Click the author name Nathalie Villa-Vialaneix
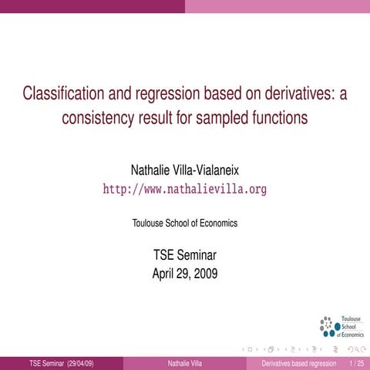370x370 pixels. [185, 169]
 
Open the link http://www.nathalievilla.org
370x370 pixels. [185, 189]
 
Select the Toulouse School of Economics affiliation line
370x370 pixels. [185, 223]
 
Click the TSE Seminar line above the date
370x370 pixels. [185, 256]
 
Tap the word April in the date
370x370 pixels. [165, 272]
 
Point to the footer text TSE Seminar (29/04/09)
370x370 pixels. [62, 362]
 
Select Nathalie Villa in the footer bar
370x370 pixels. [185, 362]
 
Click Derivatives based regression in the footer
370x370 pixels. [299, 362]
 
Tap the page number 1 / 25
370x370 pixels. [356, 362]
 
